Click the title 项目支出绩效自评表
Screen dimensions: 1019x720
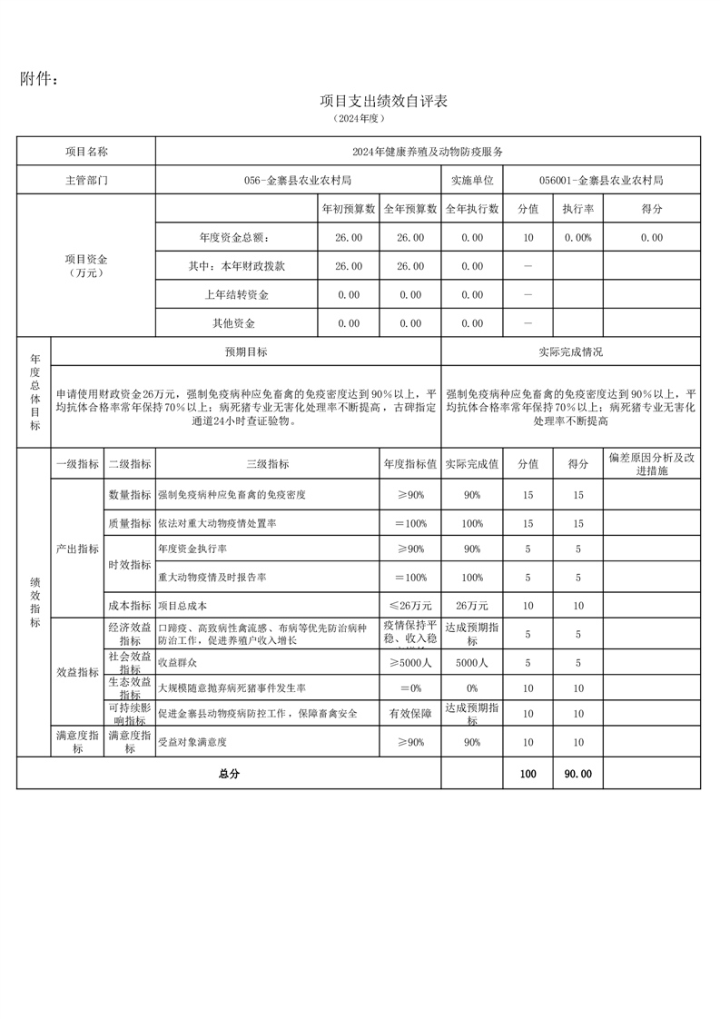(384, 101)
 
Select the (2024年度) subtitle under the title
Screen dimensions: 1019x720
(360, 118)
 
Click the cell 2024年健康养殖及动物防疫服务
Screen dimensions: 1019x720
(428, 152)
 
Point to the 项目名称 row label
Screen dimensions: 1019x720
(86, 152)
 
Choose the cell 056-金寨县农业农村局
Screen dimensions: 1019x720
(298, 180)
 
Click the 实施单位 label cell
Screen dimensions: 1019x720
(471, 180)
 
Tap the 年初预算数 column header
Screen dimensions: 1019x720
(349, 209)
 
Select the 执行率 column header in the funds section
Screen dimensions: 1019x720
(577, 209)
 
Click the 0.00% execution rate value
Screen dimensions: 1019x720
(577, 237)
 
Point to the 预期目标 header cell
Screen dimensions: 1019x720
(246, 351)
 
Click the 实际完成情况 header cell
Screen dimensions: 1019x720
(570, 351)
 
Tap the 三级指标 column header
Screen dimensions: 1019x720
(268, 464)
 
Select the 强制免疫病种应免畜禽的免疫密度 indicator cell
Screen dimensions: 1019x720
(232, 495)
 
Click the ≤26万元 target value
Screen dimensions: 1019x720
(410, 605)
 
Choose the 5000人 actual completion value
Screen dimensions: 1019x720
(472, 663)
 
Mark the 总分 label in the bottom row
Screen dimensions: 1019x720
(228, 774)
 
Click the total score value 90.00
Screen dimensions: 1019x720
(577, 774)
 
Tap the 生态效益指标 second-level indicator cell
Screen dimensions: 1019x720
(130, 688)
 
